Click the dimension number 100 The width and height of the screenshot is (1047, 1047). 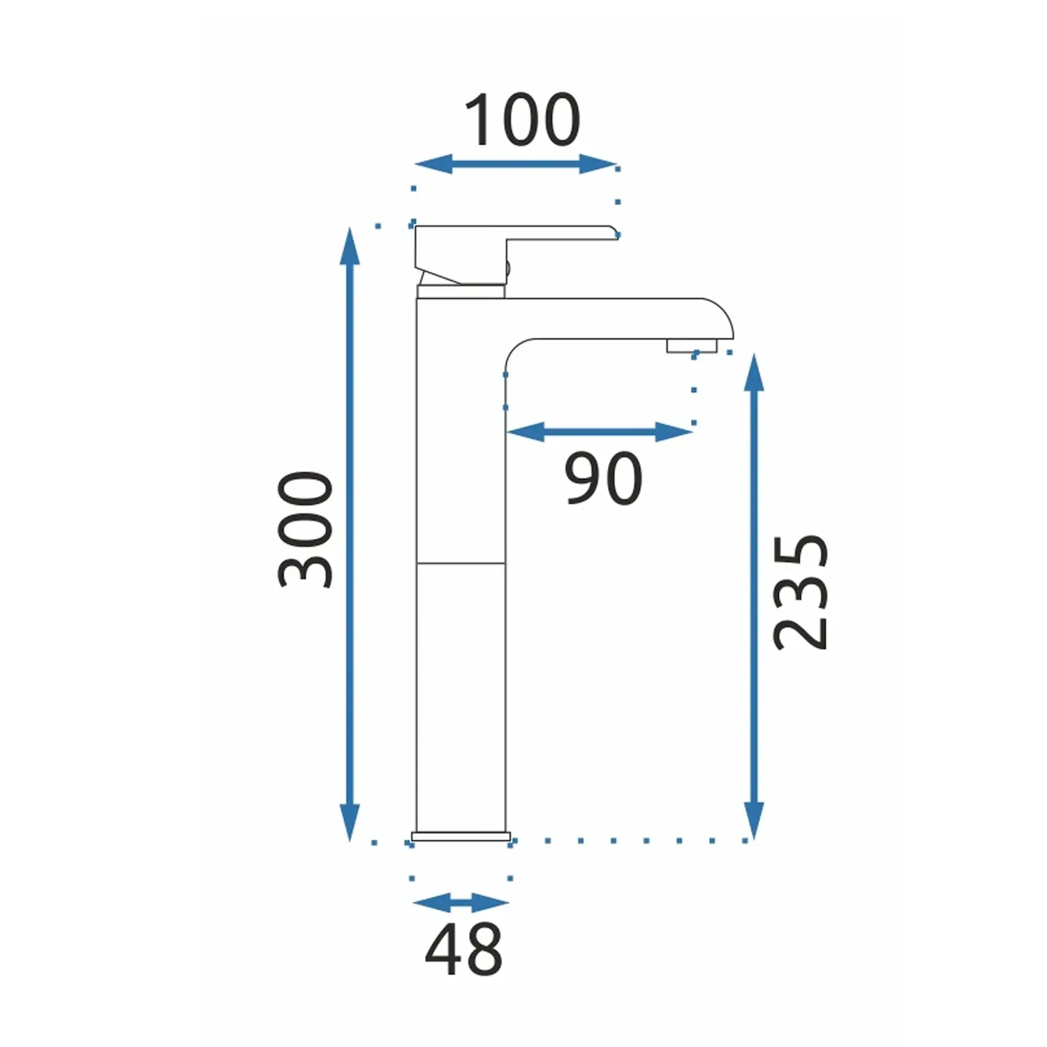pyautogui.click(x=522, y=120)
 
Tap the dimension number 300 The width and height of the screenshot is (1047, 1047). pyautogui.click(x=306, y=530)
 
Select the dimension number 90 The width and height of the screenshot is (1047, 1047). pyautogui.click(x=603, y=478)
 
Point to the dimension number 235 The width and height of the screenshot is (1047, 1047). pyautogui.click(x=801, y=593)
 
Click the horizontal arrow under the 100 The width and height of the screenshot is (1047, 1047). pyautogui.click(x=516, y=165)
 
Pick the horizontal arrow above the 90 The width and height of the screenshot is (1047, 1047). pyautogui.click(x=600, y=432)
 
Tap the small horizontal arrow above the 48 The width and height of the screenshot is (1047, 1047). pyautogui.click(x=461, y=903)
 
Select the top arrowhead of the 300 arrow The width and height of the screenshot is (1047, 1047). pyautogui.click(x=350, y=246)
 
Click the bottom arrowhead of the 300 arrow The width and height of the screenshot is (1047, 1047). pyautogui.click(x=350, y=822)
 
